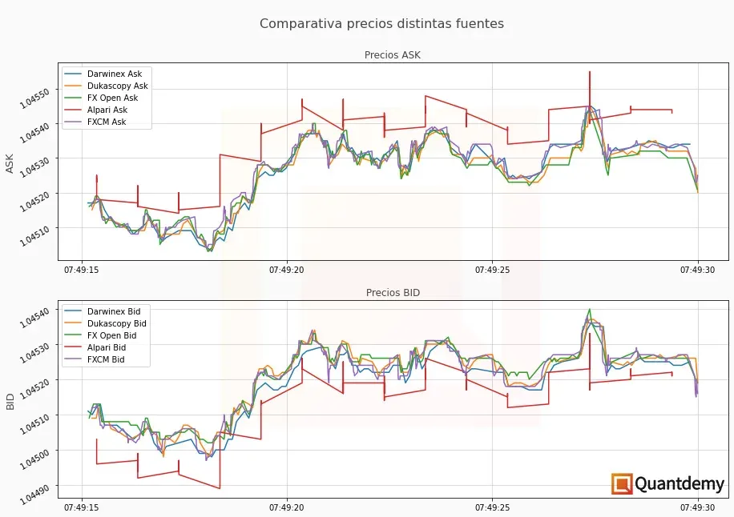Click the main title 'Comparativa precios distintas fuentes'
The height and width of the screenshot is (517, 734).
[381, 24]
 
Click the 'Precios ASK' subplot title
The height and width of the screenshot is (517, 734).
[392, 55]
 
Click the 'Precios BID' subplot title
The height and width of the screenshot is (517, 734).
[393, 293]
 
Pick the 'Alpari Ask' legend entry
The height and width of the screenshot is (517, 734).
[107, 110]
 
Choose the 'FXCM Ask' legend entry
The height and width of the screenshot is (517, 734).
[107, 122]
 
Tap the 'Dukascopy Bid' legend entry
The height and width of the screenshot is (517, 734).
[116, 324]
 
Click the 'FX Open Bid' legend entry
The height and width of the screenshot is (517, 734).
[111, 336]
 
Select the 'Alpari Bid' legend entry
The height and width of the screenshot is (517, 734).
[106, 348]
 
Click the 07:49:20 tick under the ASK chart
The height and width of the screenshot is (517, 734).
[287, 271]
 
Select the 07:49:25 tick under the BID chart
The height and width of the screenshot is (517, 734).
[492, 507]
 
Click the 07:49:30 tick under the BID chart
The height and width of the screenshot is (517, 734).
[697, 507]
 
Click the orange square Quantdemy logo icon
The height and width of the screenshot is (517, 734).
[622, 484]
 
